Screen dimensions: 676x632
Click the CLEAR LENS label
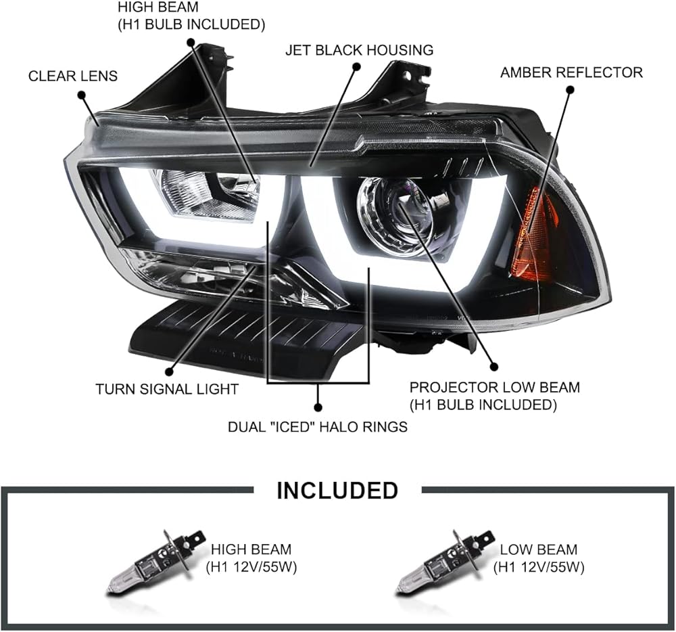click(72, 76)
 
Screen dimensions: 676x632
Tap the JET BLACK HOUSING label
click(359, 50)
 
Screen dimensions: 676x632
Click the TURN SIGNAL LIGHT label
click(166, 389)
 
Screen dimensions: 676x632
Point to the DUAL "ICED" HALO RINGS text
click(317, 427)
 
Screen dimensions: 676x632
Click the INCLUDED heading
click(337, 490)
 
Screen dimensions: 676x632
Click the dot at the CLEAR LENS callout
click(82, 96)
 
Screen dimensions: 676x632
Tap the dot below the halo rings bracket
click(318, 407)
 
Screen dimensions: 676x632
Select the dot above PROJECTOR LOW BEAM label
click(493, 367)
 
